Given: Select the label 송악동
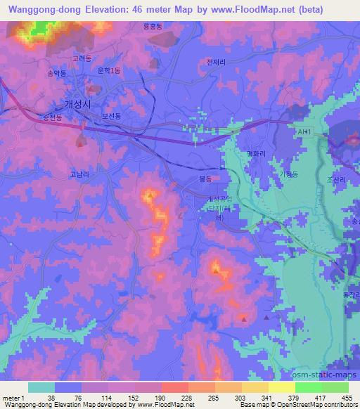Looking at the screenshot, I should [x=57, y=73].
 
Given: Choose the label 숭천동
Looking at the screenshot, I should [x=53, y=117].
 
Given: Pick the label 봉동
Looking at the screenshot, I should [x=205, y=181].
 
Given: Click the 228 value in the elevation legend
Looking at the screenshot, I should [x=187, y=397].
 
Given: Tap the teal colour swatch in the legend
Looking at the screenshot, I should [x=41, y=387].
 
